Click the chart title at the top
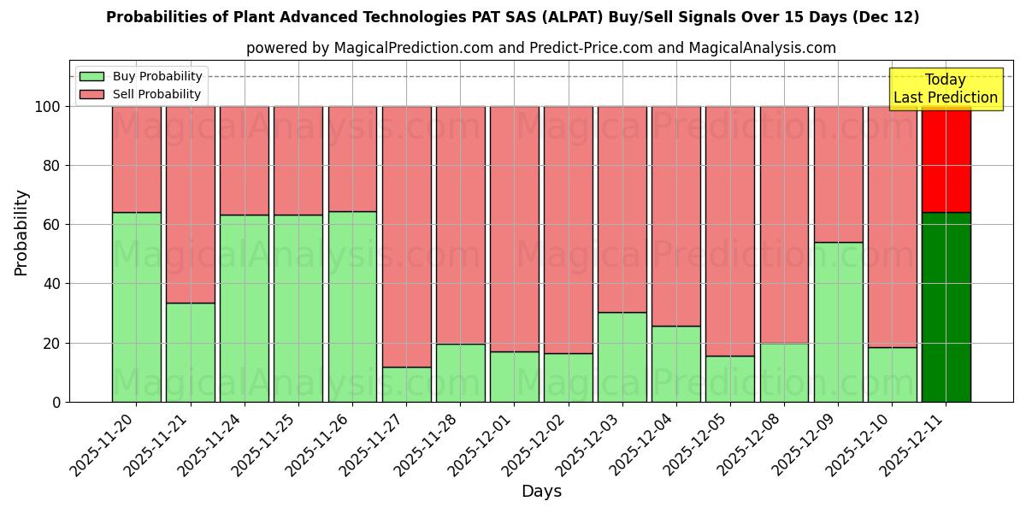[x=513, y=17]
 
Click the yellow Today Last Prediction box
[x=945, y=89]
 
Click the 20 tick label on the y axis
[x=53, y=343]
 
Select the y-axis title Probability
[x=21, y=233]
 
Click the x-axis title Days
[x=541, y=492]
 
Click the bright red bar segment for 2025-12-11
[x=946, y=159]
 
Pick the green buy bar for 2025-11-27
[x=406, y=384]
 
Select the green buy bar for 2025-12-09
[x=838, y=321]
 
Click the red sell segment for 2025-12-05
[x=729, y=231]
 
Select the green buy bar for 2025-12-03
[x=622, y=357]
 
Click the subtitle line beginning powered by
[x=540, y=48]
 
